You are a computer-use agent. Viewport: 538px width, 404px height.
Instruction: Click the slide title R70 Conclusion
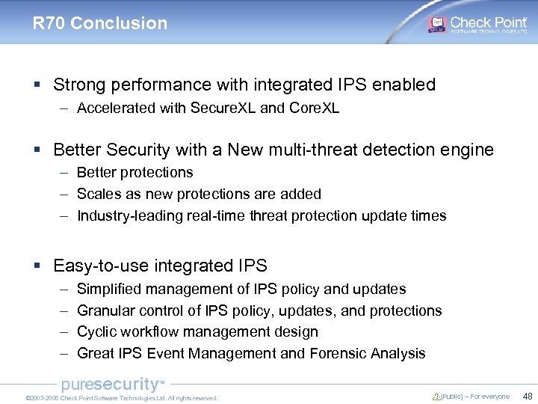[x=100, y=23]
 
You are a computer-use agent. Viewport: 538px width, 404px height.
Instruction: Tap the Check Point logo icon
[x=436, y=23]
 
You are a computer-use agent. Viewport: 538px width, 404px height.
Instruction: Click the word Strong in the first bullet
[x=78, y=85]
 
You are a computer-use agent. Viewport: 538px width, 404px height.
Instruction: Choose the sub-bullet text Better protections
[x=134, y=172]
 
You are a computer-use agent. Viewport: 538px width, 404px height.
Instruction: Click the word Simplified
[x=109, y=289]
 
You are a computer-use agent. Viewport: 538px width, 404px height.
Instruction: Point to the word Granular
[x=105, y=310]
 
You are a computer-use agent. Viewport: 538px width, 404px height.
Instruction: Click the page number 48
[x=528, y=397]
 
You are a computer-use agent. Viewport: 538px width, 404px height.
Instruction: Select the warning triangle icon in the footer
[x=436, y=397]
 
